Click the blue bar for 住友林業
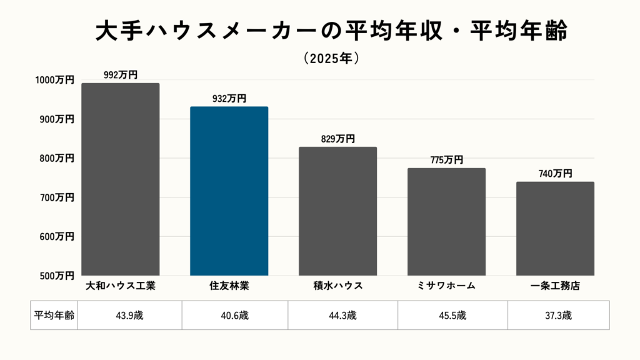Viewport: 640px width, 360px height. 229,191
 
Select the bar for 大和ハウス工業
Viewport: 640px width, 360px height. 120,179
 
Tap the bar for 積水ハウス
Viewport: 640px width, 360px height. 337,211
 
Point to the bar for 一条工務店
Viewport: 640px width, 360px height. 555,229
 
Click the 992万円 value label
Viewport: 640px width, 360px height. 121,75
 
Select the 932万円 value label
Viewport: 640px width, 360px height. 229,99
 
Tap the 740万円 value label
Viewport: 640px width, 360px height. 555,174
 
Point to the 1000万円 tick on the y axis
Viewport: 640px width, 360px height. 54,80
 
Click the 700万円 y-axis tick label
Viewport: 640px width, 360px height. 56,197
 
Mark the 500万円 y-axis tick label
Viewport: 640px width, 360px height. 56,276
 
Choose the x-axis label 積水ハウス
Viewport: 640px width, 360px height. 337,286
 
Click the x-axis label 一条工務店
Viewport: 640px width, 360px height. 555,286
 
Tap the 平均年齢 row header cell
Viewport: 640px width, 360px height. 54,316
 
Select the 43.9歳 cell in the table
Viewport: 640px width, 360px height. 129,316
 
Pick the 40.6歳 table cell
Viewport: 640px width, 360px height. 235,316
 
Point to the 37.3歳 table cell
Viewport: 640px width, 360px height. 558,316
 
